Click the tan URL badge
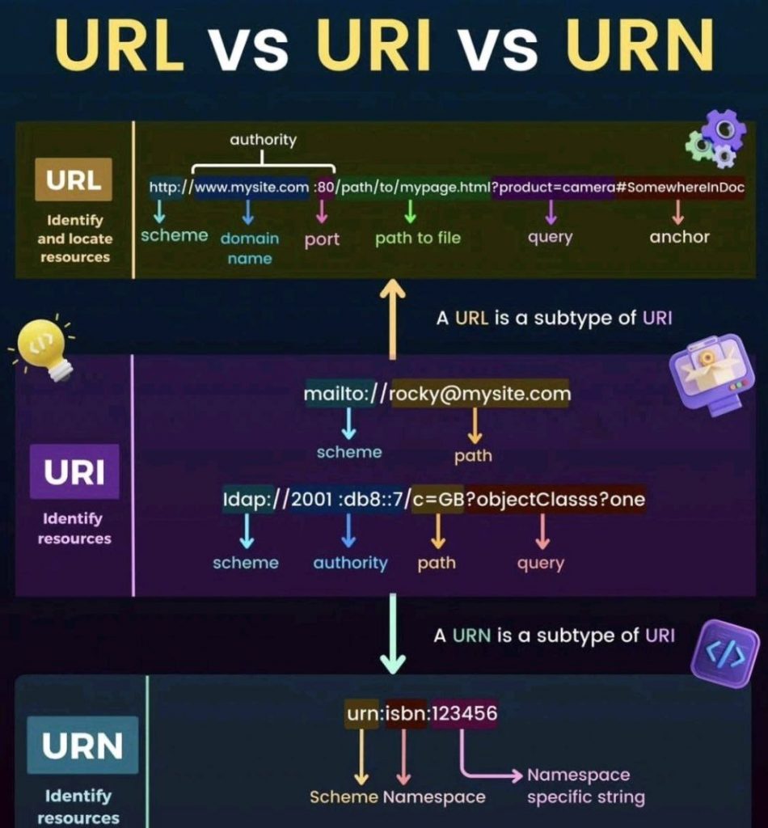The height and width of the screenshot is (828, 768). tap(73, 181)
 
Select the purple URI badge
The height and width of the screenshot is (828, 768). tap(74, 472)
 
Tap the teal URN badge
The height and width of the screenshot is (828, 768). tap(82, 745)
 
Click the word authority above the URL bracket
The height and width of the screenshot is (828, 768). tap(263, 140)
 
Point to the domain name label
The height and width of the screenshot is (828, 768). tap(249, 247)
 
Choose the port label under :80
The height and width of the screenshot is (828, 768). tap(322, 239)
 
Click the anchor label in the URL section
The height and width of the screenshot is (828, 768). tap(679, 237)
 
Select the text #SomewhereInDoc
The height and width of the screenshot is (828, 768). tap(680, 188)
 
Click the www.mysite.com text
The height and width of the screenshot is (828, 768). tap(251, 188)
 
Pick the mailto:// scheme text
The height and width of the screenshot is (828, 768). tap(342, 395)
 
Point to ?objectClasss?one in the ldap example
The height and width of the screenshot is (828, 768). tap(555, 500)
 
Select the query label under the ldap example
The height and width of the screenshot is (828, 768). tap(541, 563)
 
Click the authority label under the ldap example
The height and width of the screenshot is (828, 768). tap(350, 563)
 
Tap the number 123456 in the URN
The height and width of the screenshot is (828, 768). tap(464, 714)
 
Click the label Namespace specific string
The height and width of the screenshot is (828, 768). tap(585, 786)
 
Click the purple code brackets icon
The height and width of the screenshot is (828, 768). tap(726, 653)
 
